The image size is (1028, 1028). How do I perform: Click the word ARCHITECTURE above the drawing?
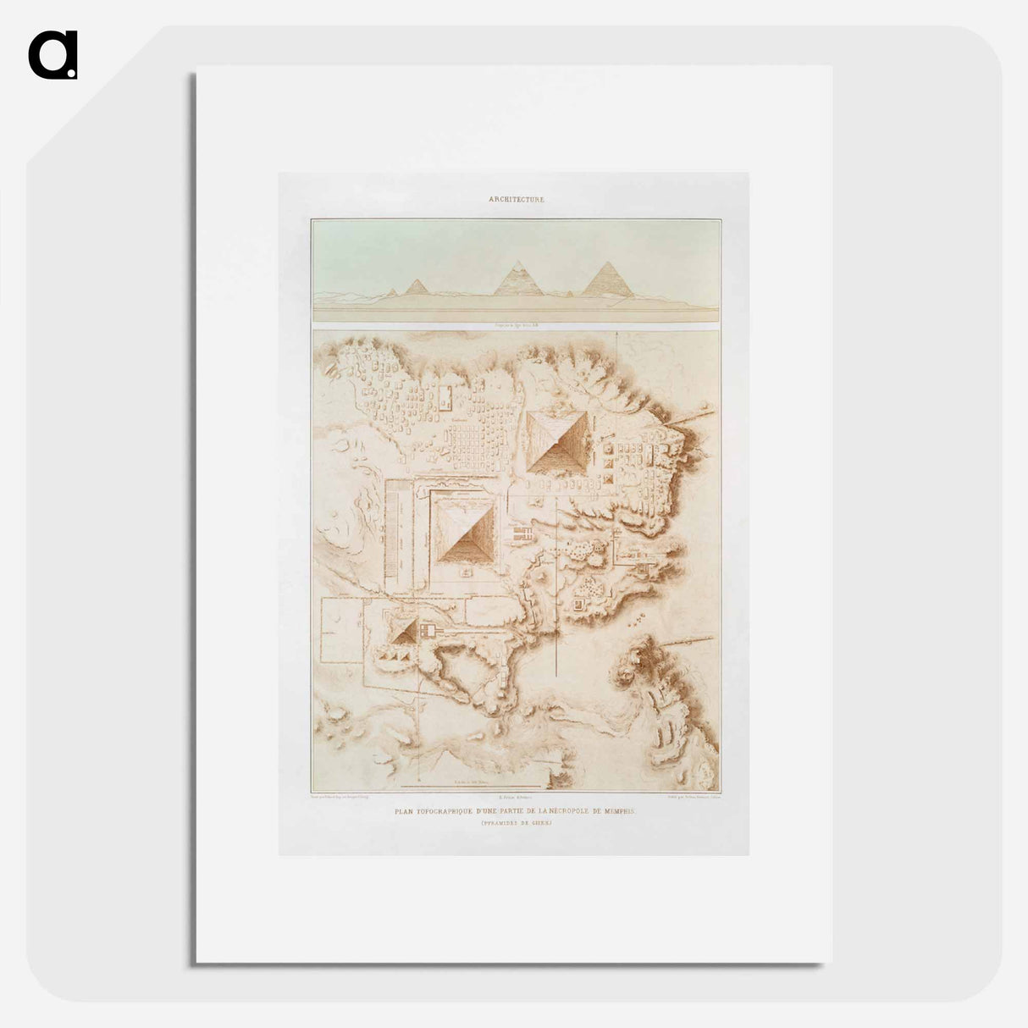516,200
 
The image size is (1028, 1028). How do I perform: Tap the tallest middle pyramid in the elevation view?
518,279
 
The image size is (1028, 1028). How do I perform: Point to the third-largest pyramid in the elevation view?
416,287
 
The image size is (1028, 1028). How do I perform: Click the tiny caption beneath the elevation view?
515,325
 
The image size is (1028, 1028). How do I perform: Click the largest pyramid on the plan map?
557,440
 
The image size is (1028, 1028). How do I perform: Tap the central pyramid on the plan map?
464,531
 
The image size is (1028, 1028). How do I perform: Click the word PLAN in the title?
407,811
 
